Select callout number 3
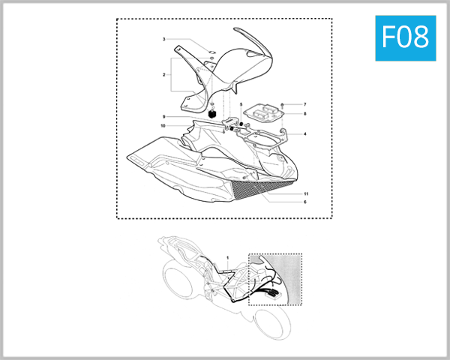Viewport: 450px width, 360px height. click(163, 39)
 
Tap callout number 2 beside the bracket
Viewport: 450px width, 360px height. click(163, 75)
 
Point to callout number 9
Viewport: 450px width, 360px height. click(163, 117)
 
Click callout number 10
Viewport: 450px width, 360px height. click(163, 126)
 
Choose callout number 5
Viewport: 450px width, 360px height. click(241, 104)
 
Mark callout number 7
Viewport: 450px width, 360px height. click(305, 103)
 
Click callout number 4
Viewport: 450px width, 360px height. click(305, 134)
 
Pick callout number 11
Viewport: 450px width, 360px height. click(305, 193)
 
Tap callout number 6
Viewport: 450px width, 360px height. click(305, 202)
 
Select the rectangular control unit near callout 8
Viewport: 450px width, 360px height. click(267, 111)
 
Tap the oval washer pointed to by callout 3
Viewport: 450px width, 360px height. click(211, 52)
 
